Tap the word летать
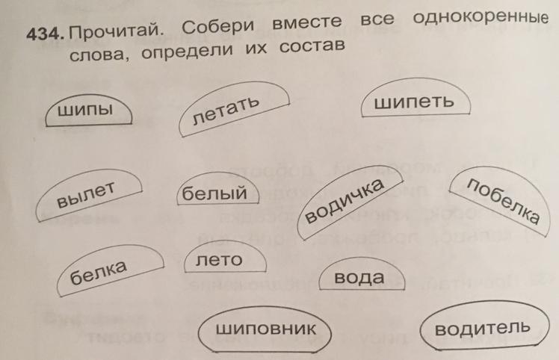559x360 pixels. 225,109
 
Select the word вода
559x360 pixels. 359,278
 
